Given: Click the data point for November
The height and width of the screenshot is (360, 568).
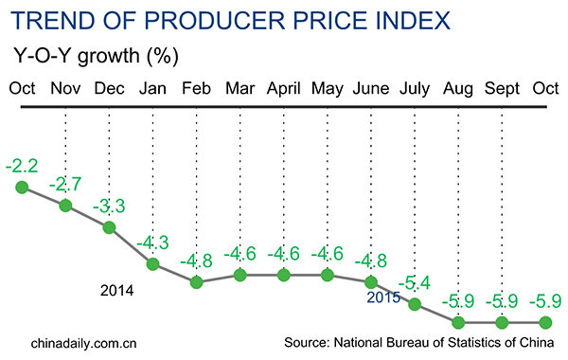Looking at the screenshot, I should [65, 206].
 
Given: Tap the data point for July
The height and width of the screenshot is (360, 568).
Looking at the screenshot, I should [415, 304].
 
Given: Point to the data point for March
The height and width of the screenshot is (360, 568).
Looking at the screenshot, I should [240, 276].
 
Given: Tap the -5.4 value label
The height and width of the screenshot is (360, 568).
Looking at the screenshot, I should [415, 282].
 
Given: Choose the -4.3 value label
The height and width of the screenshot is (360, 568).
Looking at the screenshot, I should [152, 243].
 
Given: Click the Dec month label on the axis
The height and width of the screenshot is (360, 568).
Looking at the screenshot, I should [109, 90].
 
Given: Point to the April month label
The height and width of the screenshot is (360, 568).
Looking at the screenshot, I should [283, 90].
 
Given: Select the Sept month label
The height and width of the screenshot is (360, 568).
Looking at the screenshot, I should [503, 90].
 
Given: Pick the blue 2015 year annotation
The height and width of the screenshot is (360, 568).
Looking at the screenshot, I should [382, 298].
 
